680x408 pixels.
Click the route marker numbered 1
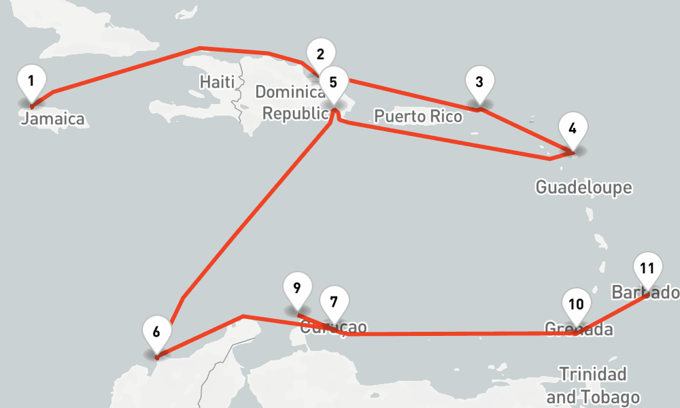(31, 81)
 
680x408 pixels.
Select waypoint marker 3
(479, 83)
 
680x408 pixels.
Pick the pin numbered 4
(573, 129)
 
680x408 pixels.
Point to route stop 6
(156, 333)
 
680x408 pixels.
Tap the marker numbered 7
(333, 302)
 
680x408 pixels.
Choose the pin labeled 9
(296, 288)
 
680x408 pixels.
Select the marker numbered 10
(576, 305)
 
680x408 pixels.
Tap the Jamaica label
(54, 120)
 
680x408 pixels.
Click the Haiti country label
(217, 82)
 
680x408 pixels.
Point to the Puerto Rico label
(418, 116)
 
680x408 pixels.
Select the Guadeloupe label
(583, 187)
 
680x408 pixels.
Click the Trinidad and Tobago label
(593, 386)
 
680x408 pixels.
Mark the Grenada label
(579, 330)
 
